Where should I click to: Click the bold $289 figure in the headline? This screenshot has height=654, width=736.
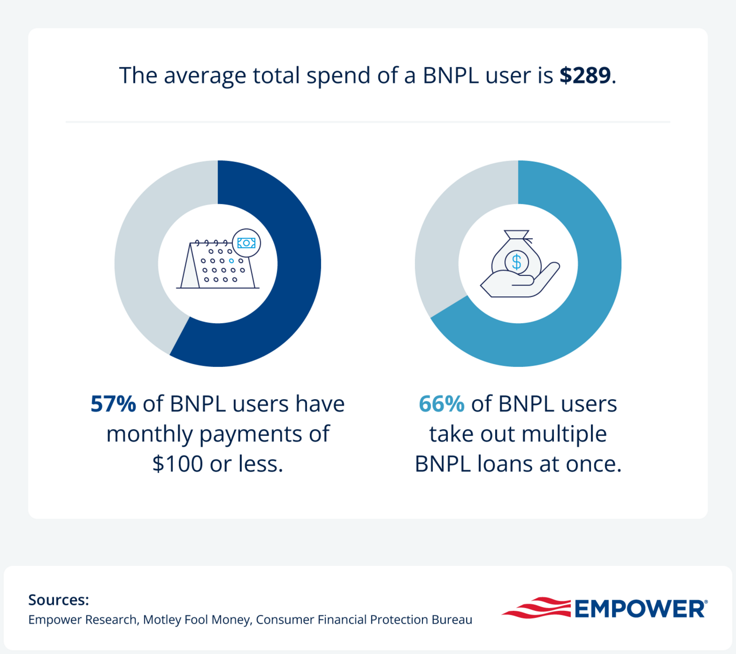[585, 75]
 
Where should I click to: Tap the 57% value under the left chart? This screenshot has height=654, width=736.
[113, 404]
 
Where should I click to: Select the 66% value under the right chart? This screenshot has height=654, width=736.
[441, 404]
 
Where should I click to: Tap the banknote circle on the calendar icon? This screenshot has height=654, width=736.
[246, 243]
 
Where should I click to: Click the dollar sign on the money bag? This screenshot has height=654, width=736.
[517, 262]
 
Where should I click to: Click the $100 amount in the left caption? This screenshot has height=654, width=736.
[177, 464]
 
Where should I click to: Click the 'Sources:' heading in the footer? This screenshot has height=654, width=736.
[58, 600]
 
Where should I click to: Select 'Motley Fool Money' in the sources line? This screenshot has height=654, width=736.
[196, 620]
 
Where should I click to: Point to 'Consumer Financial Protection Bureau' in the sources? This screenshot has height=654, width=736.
[364, 620]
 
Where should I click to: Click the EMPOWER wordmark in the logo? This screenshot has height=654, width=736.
[640, 609]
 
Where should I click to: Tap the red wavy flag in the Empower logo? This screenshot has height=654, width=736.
[536, 608]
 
